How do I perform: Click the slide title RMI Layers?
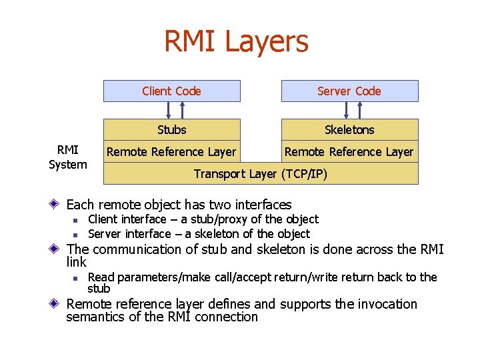[x=237, y=41]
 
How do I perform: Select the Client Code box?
[x=171, y=91]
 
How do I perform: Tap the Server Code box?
[x=349, y=91]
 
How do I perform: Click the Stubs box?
[x=171, y=129]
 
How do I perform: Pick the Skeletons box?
[x=349, y=129]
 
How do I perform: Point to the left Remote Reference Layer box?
[x=171, y=152]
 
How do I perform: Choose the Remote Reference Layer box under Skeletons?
[x=349, y=152]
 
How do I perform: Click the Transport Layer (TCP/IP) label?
[x=261, y=174]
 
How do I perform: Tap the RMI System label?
[x=68, y=157]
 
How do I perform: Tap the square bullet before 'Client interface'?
[x=77, y=220]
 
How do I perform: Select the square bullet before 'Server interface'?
[x=77, y=235]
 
